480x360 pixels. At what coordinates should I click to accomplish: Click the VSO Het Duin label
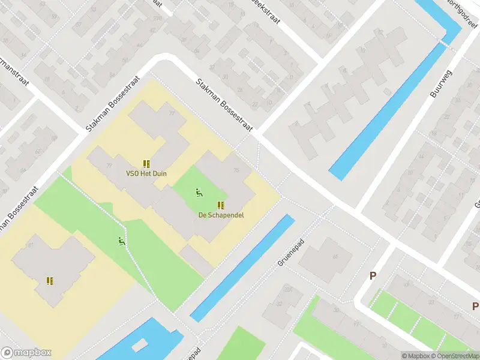coord(146,174)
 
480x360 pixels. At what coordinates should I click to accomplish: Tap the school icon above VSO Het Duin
coord(146,163)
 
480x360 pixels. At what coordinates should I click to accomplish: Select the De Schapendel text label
coord(221,215)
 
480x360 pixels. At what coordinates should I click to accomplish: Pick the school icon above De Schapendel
coord(221,205)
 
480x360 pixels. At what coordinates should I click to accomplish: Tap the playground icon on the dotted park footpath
coord(122,242)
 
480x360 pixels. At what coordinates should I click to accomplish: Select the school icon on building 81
coord(50,281)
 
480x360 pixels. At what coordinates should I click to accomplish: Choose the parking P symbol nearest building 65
coord(373,276)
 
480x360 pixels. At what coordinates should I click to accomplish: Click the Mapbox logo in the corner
coord(26,353)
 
